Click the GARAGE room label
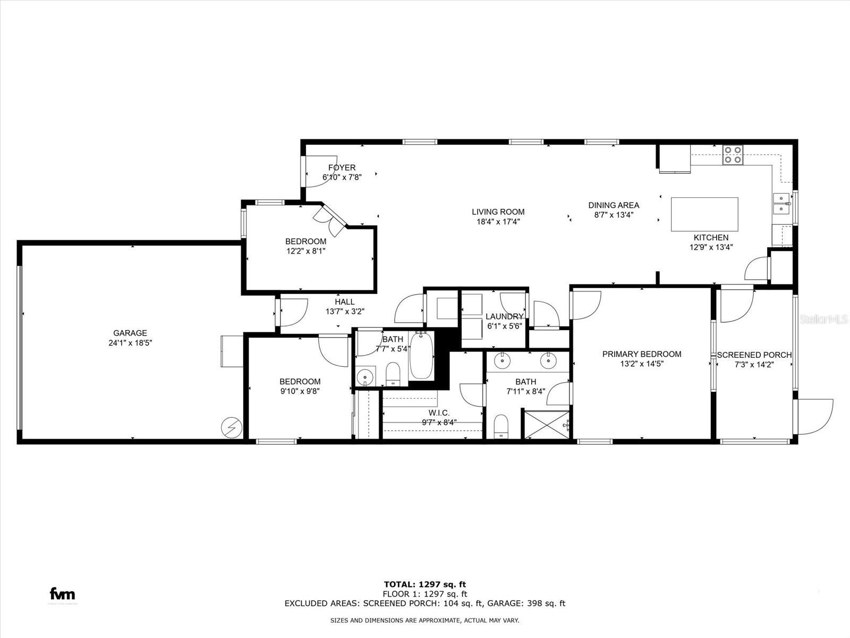click(130, 333)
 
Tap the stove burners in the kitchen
click(733, 154)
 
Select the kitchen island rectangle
click(704, 214)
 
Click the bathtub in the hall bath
click(422, 355)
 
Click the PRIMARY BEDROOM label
click(642, 354)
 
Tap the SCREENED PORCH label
click(754, 355)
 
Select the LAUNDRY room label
click(504, 317)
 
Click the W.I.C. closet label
click(439, 413)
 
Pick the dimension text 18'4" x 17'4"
click(498, 222)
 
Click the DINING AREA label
click(614, 205)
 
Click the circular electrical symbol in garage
click(232, 426)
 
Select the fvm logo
click(62, 594)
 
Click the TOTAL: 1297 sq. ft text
click(425, 584)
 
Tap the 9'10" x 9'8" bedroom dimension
click(300, 391)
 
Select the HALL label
click(344, 302)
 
